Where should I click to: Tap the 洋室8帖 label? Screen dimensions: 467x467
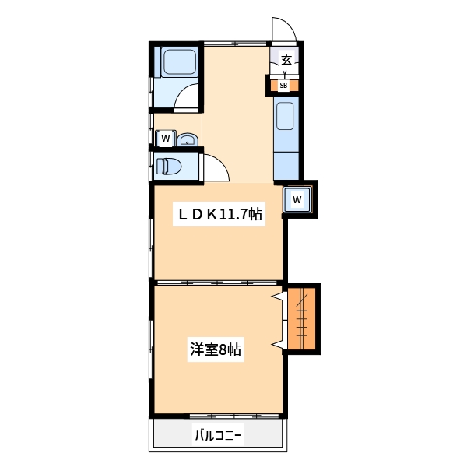click(216, 350)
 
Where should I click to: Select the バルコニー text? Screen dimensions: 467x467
click(218, 436)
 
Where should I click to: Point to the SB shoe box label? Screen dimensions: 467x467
click(284, 86)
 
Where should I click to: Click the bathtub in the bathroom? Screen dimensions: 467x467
click(178, 62)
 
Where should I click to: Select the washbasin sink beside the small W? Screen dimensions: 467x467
click(187, 140)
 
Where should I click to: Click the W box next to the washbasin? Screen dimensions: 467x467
click(165, 139)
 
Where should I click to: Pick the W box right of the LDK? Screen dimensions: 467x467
click(298, 199)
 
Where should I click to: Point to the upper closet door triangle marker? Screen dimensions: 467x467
click(276, 297)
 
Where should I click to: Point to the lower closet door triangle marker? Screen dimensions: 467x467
click(276, 343)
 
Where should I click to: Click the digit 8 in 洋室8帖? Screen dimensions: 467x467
click(222, 350)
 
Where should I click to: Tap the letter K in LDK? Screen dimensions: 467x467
click(209, 216)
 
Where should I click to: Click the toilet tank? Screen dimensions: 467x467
click(160, 166)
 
